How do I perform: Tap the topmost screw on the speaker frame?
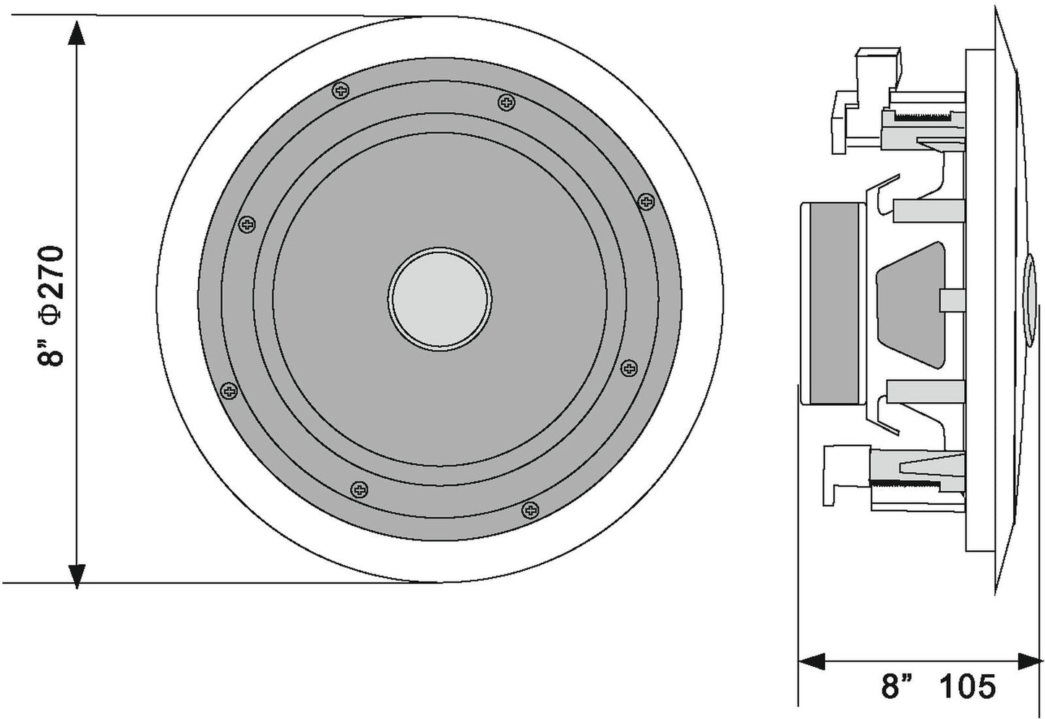click(x=340, y=90)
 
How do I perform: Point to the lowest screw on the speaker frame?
click(x=532, y=510)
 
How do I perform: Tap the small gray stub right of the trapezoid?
click(x=950, y=299)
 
